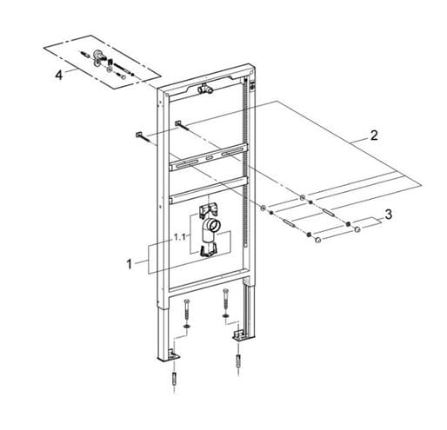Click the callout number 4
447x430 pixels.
point(59,76)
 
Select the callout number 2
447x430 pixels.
point(374,136)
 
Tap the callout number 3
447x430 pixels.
point(388,215)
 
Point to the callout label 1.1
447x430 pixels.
point(179,237)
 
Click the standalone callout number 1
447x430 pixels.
point(130,264)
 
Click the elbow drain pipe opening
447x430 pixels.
point(215,226)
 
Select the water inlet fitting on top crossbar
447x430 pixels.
point(205,89)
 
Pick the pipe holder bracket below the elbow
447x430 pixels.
point(208,250)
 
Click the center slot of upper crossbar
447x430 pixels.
point(209,158)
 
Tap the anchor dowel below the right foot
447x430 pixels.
point(238,361)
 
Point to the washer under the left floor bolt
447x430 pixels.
point(187,326)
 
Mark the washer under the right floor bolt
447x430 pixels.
point(226,315)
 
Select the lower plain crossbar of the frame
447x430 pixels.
point(208,189)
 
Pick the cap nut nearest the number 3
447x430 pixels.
point(357,230)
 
